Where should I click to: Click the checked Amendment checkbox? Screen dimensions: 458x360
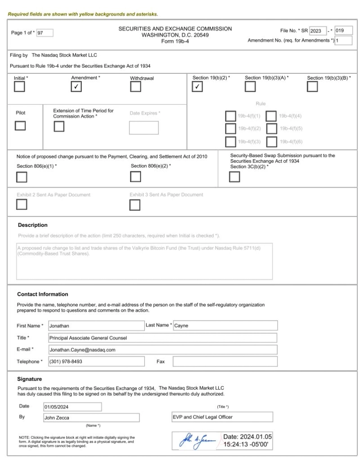click(x=77, y=87)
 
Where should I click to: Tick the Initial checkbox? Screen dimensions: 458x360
click(x=19, y=87)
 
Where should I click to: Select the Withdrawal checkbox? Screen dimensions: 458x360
click(x=135, y=87)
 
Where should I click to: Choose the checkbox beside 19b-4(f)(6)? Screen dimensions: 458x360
click(x=271, y=142)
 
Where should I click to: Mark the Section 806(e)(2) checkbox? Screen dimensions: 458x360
click(x=135, y=177)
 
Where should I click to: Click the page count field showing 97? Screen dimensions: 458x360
click(x=45, y=32)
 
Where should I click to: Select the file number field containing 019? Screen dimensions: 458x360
click(x=344, y=31)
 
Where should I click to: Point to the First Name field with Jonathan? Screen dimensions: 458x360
click(x=95, y=326)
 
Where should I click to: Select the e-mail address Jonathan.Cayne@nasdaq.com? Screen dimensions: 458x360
click(x=162, y=350)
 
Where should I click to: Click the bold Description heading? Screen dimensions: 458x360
click(x=32, y=225)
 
